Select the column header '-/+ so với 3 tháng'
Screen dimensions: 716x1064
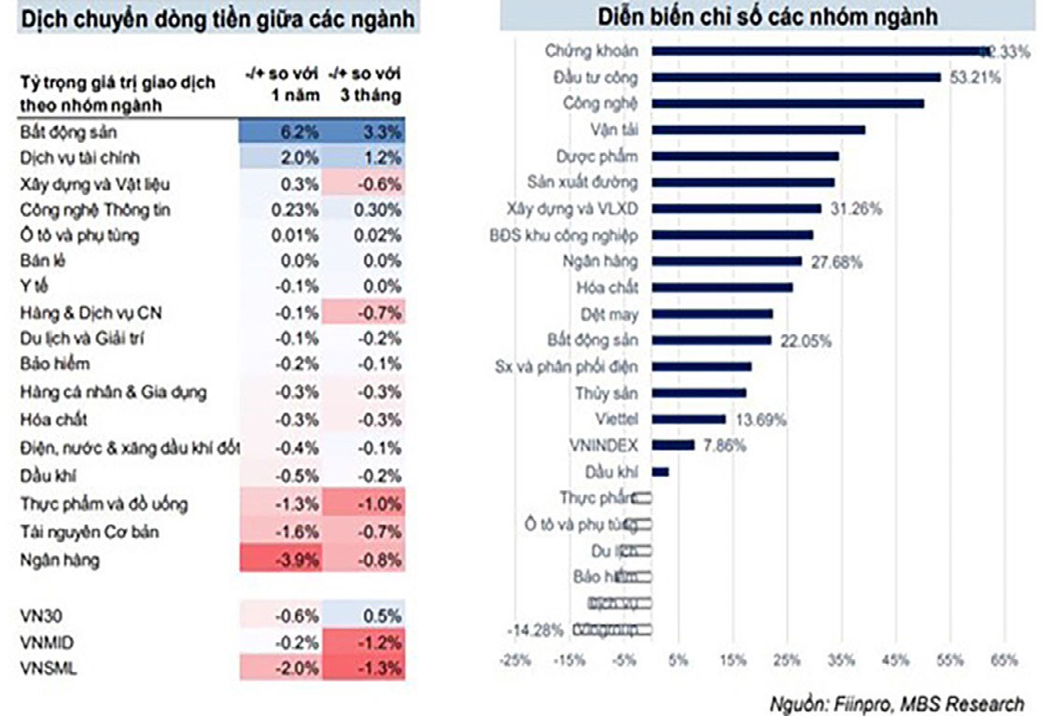coord(365,87)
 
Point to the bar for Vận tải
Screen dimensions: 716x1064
coord(757,130)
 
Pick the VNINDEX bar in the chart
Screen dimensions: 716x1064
coord(674,445)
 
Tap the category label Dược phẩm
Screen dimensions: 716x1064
coord(604,156)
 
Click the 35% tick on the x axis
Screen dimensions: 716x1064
coord(841,661)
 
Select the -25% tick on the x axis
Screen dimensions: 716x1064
coord(516,661)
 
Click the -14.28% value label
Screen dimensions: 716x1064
coord(535,630)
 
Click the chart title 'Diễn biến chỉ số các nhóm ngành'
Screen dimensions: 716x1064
coord(767,16)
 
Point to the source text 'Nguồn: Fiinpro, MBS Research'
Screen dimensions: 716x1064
coord(897,703)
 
